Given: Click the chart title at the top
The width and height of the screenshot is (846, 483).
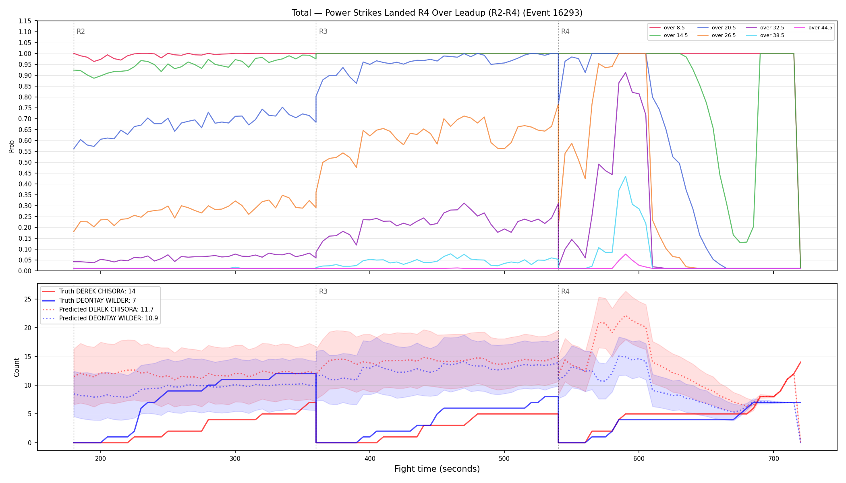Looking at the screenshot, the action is click(x=437, y=13).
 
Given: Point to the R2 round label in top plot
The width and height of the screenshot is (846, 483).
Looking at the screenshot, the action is click(x=81, y=31).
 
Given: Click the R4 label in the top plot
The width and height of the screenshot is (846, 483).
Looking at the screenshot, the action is click(x=565, y=31).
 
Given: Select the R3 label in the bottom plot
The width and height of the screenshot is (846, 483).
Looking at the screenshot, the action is click(x=323, y=291).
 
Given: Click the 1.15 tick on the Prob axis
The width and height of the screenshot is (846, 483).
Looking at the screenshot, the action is click(x=25, y=21).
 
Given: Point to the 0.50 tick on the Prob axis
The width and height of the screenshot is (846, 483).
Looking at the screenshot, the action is click(x=25, y=162).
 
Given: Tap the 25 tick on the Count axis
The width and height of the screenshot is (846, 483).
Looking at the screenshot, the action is click(x=28, y=299).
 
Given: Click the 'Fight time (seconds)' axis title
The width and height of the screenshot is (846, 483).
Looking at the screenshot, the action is click(x=437, y=469).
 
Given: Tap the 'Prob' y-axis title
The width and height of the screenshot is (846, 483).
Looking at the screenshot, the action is click(x=12, y=146).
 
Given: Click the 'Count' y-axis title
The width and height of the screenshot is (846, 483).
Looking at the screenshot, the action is click(x=17, y=367).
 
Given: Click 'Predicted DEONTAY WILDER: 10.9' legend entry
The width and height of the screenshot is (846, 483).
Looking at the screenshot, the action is click(x=100, y=318).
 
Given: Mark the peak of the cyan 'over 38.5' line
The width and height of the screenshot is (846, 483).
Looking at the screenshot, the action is click(x=625, y=176).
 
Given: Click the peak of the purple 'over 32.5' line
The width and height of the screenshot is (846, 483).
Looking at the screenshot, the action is click(x=625, y=72).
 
